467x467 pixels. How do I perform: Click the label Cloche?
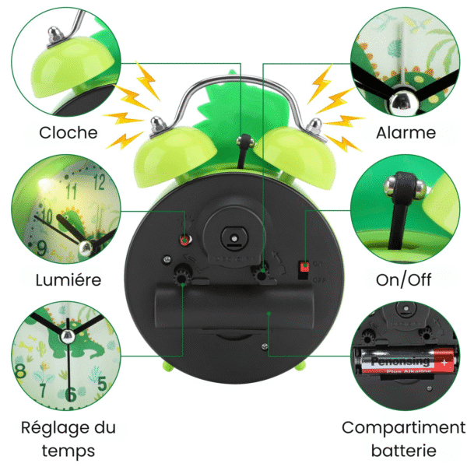click(68, 132)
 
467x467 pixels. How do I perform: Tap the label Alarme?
click(406, 132)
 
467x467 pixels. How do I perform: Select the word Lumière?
click(68, 279)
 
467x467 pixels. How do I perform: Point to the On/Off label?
click(405, 279)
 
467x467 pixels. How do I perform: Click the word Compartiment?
click(403, 427)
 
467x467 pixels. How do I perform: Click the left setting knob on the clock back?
click(184, 273)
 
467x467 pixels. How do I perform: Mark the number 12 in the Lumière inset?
click(98, 184)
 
